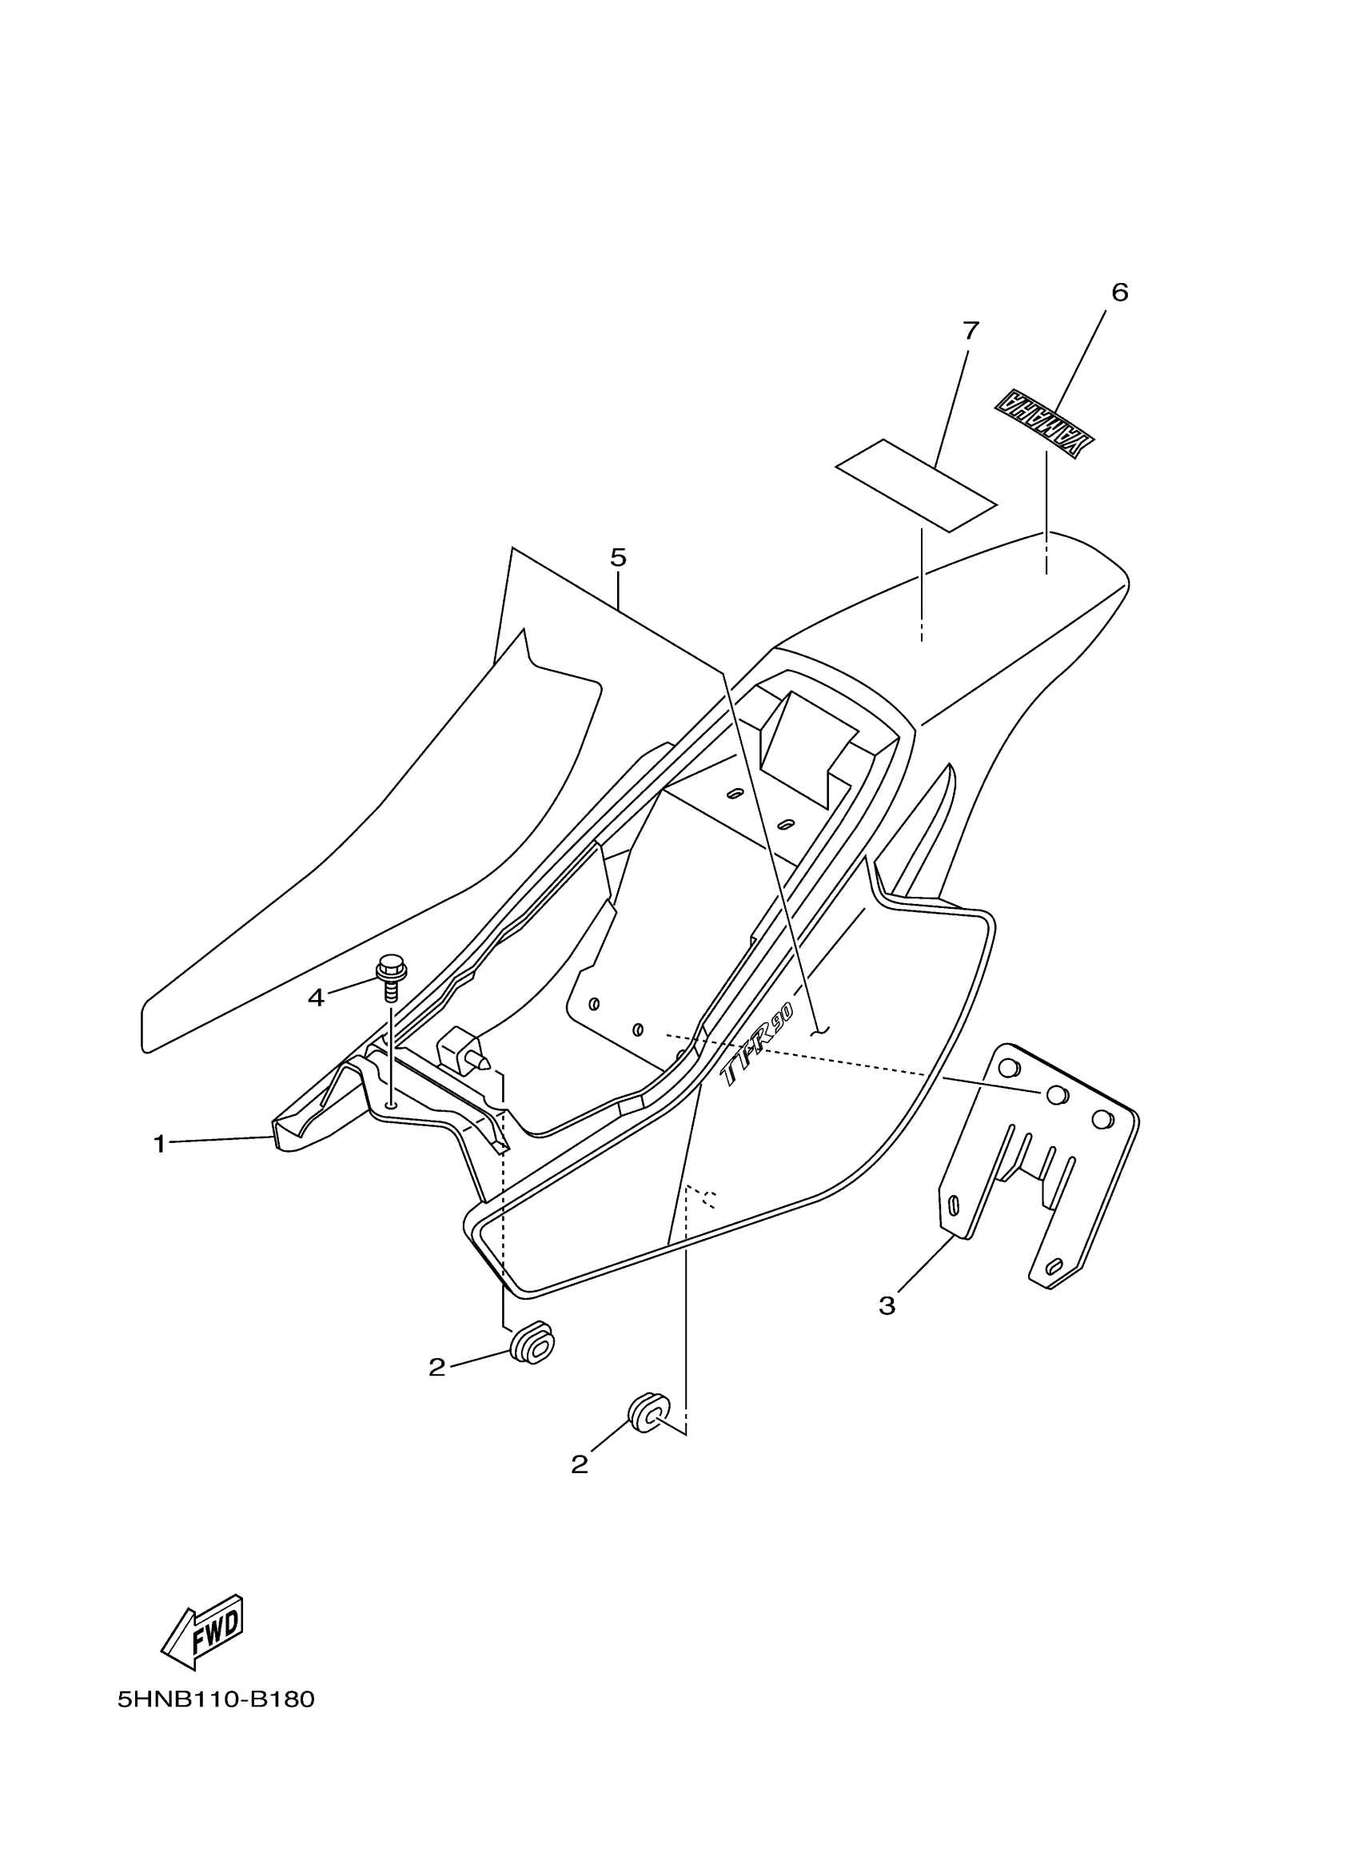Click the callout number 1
point(159,1145)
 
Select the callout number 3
point(887,1306)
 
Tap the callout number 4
point(316,998)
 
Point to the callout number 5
point(618,557)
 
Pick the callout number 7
point(970,331)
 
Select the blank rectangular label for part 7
point(916,484)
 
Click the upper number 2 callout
point(436,1368)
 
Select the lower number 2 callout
point(579,1465)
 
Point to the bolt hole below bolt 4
point(390,1103)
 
